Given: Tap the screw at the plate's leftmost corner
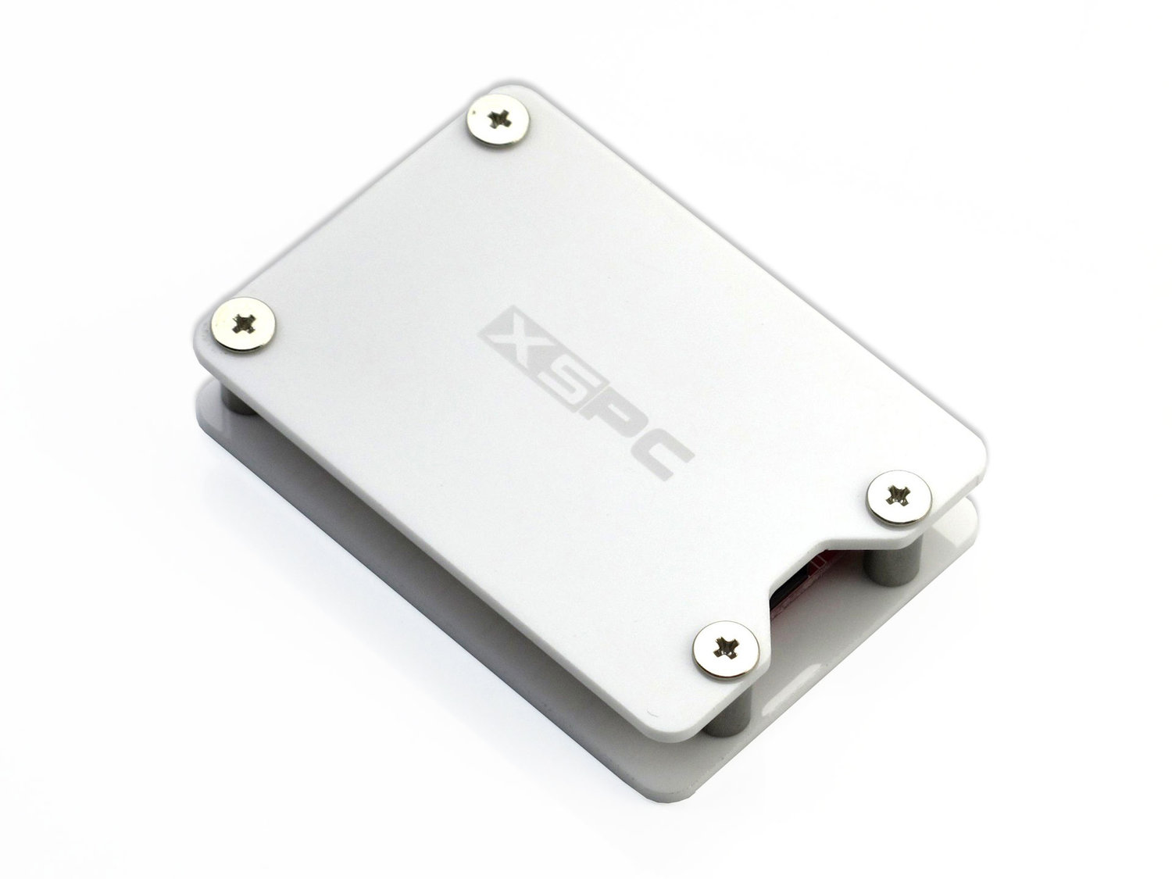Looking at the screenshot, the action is click(x=244, y=324).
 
